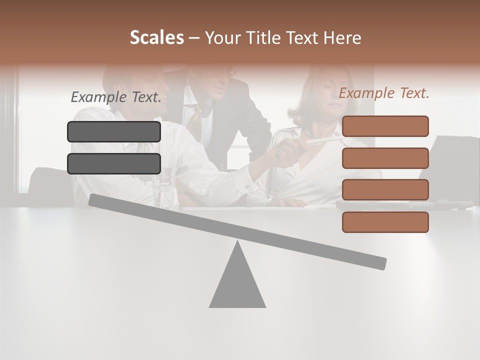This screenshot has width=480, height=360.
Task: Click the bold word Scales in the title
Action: (156, 37)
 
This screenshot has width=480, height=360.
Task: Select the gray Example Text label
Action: (116, 97)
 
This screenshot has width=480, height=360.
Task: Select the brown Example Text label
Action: (384, 93)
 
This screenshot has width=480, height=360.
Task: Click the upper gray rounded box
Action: (114, 131)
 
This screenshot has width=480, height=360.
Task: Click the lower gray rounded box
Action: (114, 163)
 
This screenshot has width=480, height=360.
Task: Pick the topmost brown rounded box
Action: (385, 126)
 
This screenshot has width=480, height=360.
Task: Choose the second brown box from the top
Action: (385, 158)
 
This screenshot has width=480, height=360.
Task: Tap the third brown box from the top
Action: (385, 189)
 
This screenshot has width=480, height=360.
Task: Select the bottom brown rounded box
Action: (385, 222)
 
